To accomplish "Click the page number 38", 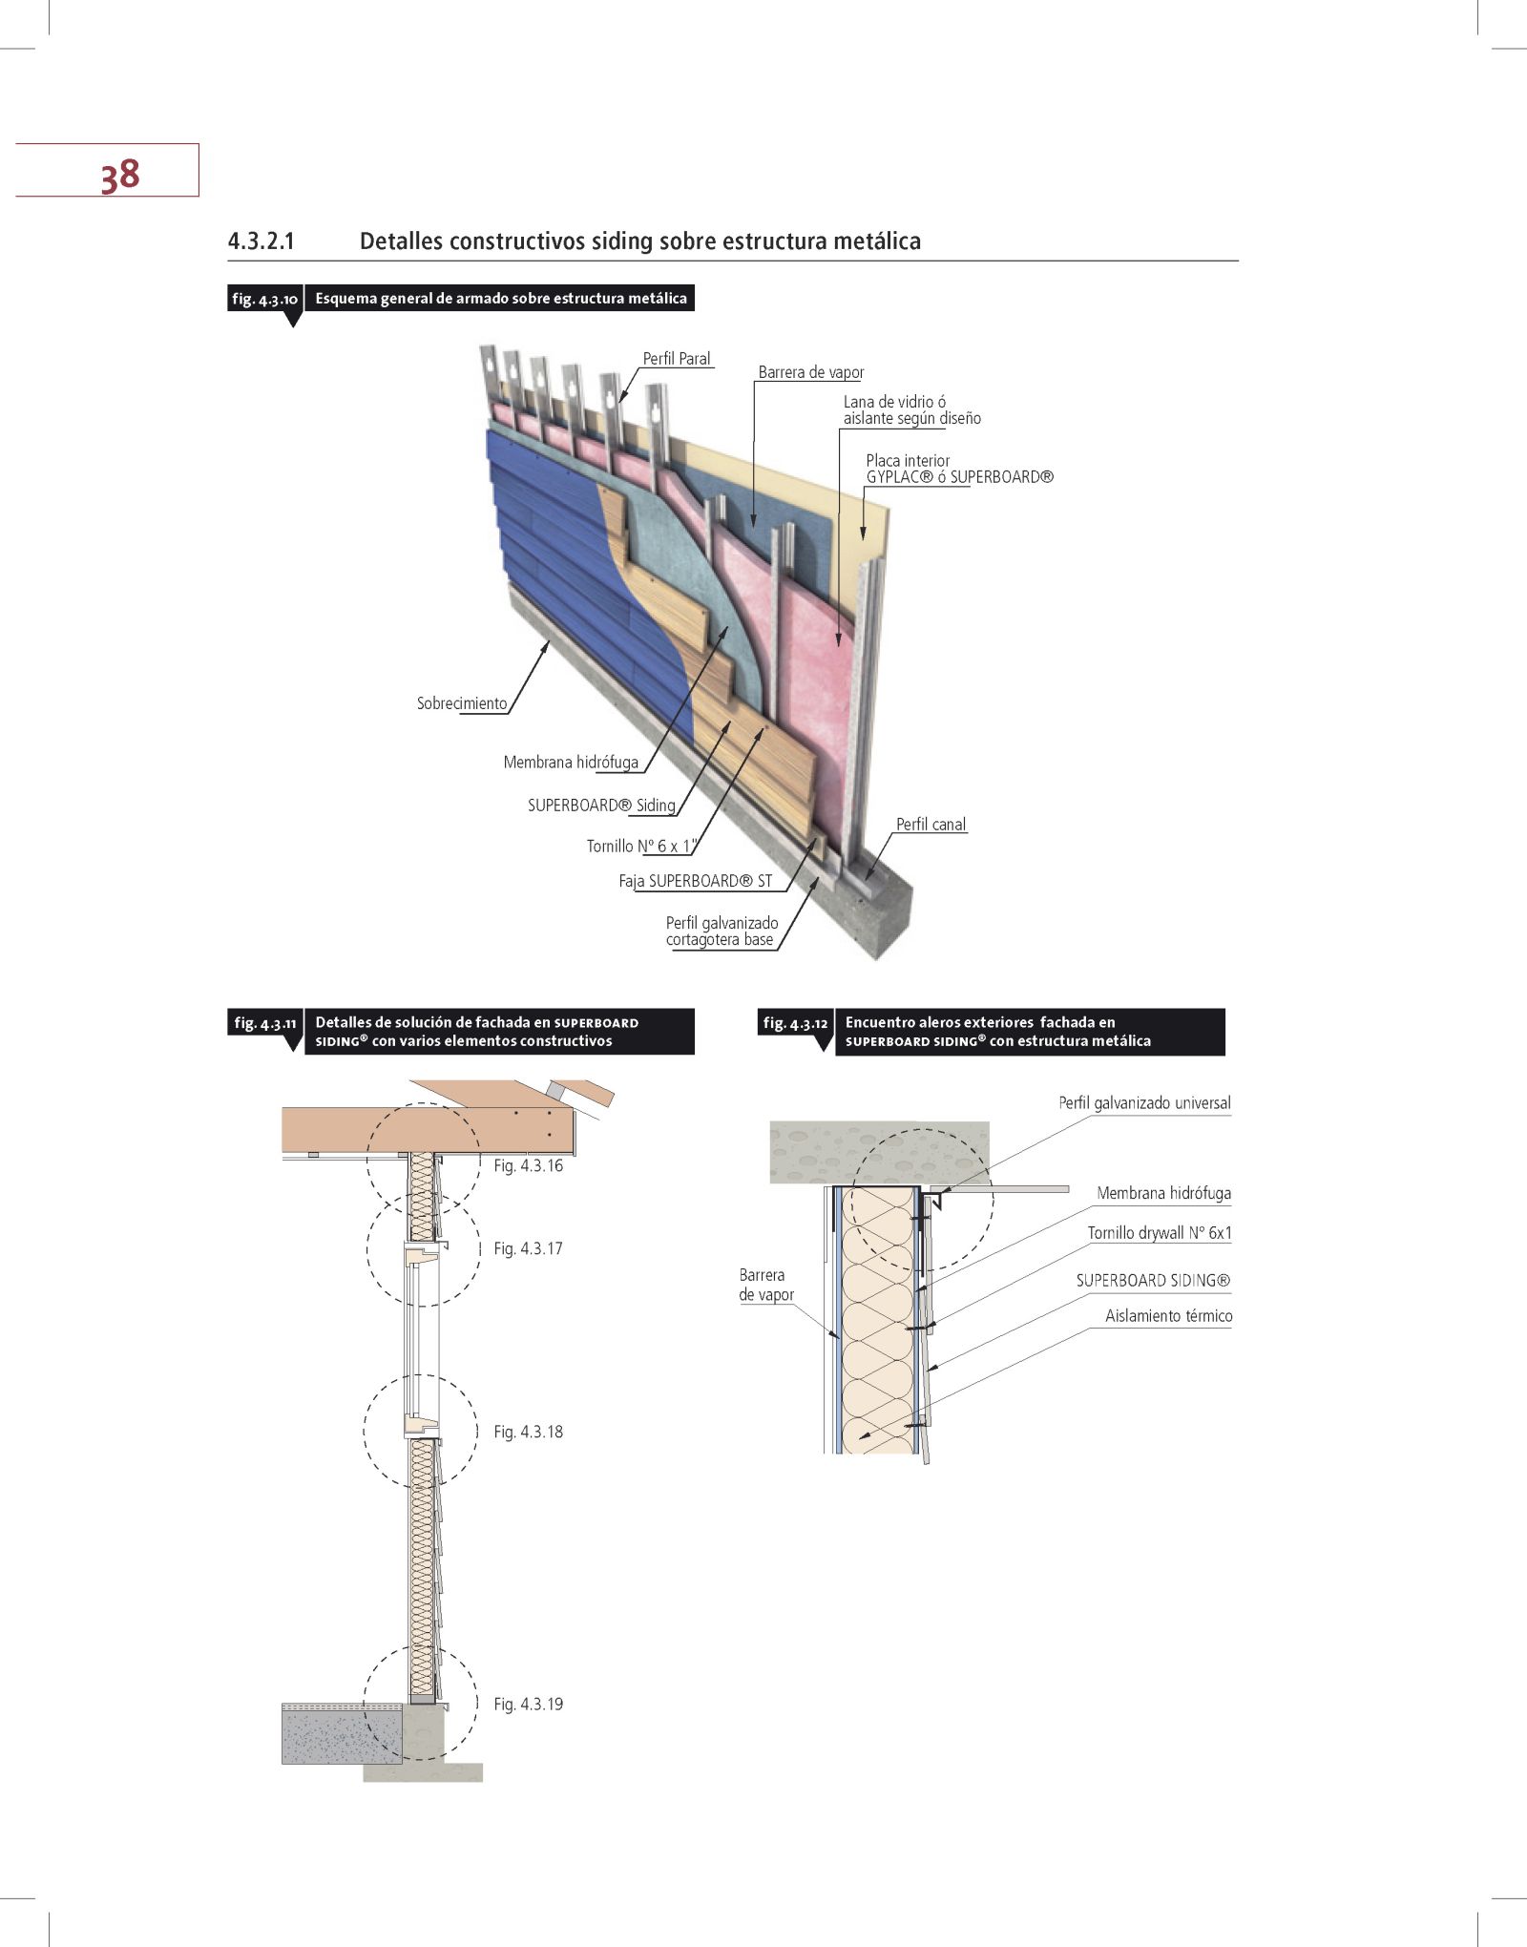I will (120, 175).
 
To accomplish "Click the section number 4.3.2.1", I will (261, 241).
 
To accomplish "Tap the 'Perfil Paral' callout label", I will (677, 359).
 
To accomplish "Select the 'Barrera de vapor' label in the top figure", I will (811, 372).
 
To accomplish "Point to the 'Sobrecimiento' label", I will (462, 703).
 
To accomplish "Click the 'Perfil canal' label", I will (931, 825).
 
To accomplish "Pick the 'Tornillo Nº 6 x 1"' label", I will (641, 846).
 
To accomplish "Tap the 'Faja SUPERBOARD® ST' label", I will (695, 881).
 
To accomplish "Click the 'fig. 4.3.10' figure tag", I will (264, 299).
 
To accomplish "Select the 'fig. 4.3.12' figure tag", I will (795, 1023).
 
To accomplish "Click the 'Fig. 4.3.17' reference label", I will (528, 1248).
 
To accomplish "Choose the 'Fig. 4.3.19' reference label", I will (528, 1704).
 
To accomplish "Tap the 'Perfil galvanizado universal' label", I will (1144, 1103).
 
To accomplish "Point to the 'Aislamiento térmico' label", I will (1168, 1316).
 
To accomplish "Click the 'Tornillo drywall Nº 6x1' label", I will (1160, 1233).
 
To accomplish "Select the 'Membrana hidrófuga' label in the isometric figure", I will (571, 762).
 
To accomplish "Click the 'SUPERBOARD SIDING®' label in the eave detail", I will (1153, 1281).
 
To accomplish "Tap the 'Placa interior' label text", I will (908, 461).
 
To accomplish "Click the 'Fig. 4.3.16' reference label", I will (528, 1165).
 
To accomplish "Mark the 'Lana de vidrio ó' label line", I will (894, 402).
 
